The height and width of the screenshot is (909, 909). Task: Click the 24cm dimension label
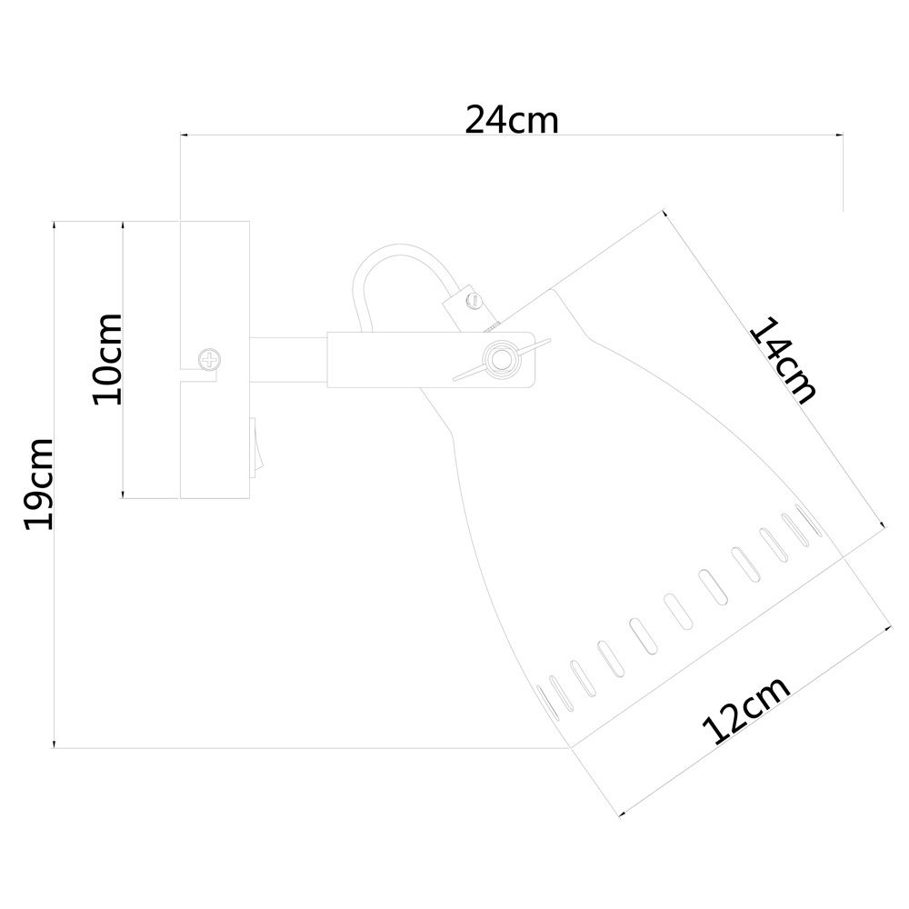point(512,120)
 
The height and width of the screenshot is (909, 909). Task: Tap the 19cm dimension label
point(39,484)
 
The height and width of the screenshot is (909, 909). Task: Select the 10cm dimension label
point(108,359)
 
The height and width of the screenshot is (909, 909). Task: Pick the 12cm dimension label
point(745,710)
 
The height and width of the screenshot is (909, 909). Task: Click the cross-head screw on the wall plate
point(209,359)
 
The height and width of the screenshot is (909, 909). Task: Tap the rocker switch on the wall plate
point(257,447)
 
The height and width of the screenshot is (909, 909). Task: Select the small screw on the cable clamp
point(474,300)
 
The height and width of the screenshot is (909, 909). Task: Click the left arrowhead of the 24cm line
point(185,135)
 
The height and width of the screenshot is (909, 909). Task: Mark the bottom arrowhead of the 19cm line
point(54,744)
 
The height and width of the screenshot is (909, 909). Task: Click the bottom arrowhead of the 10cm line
point(123,494)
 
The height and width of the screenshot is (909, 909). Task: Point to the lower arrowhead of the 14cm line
point(883,524)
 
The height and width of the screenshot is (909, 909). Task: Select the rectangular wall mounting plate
point(215,359)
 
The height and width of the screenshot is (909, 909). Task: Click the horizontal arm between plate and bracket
point(288,360)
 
